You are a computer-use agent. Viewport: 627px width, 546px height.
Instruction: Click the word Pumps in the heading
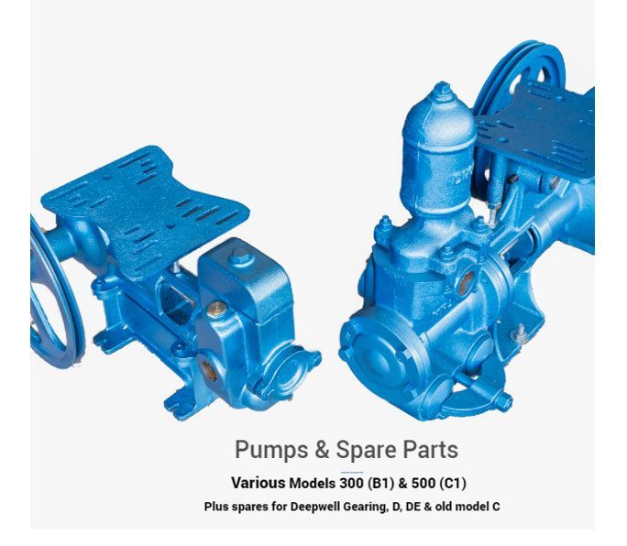point(271,451)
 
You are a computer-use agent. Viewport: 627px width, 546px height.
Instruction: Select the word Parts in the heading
point(430,449)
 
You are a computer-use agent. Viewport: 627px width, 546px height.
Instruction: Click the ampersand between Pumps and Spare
point(322,449)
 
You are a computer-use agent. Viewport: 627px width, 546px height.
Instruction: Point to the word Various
point(258,483)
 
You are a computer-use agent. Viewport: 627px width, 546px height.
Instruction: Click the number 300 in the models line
point(351,483)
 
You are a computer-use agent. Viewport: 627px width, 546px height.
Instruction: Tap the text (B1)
point(380,484)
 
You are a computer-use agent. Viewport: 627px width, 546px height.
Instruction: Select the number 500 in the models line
point(423,483)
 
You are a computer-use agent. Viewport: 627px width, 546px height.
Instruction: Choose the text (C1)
point(453,484)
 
